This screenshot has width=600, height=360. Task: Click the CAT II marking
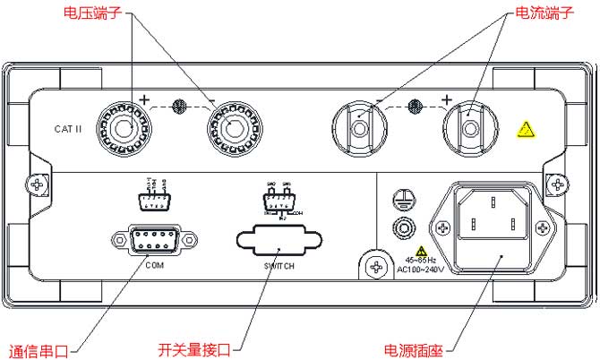pos(68,130)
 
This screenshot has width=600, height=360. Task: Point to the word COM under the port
pos(155,266)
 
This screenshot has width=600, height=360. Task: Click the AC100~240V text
pos(422,268)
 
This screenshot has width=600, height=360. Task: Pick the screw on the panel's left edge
pos(37,185)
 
